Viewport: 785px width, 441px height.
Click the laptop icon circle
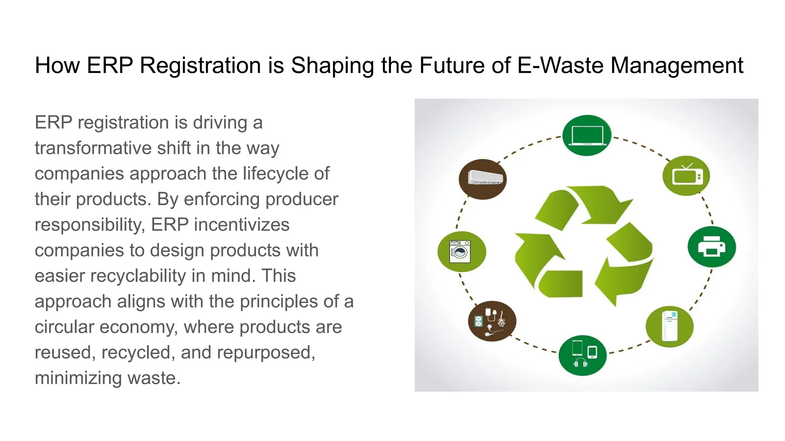[586, 136]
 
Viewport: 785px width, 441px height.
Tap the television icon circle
[686, 176]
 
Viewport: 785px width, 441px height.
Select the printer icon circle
[711, 247]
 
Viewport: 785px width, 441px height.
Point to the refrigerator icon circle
[669, 327]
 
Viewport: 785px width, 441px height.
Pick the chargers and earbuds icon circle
[492, 321]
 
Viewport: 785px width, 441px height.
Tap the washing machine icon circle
[461, 252]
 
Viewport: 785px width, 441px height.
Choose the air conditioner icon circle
[483, 179]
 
